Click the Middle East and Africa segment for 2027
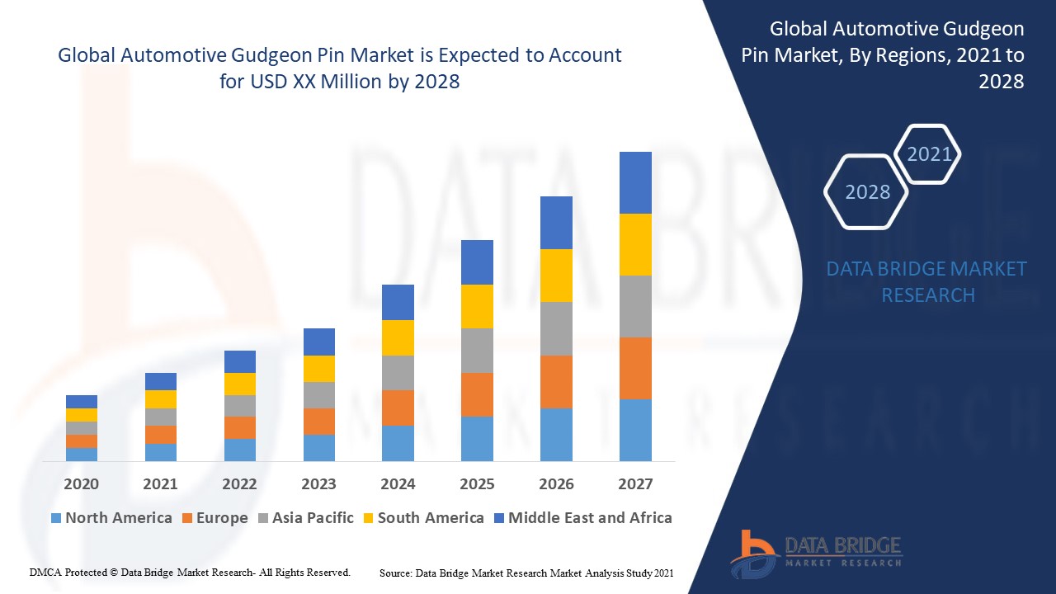635,182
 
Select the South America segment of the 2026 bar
556,275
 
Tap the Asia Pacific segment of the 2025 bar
477,351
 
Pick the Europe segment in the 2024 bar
398,408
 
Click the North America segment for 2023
318,447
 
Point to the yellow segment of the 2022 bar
240,384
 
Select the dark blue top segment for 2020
82,402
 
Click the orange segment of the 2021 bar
161,435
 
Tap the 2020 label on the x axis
82,484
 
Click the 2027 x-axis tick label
635,484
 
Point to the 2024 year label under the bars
398,484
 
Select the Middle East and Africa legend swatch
497,518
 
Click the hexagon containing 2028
866,191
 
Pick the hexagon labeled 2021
928,154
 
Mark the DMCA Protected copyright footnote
190,572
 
